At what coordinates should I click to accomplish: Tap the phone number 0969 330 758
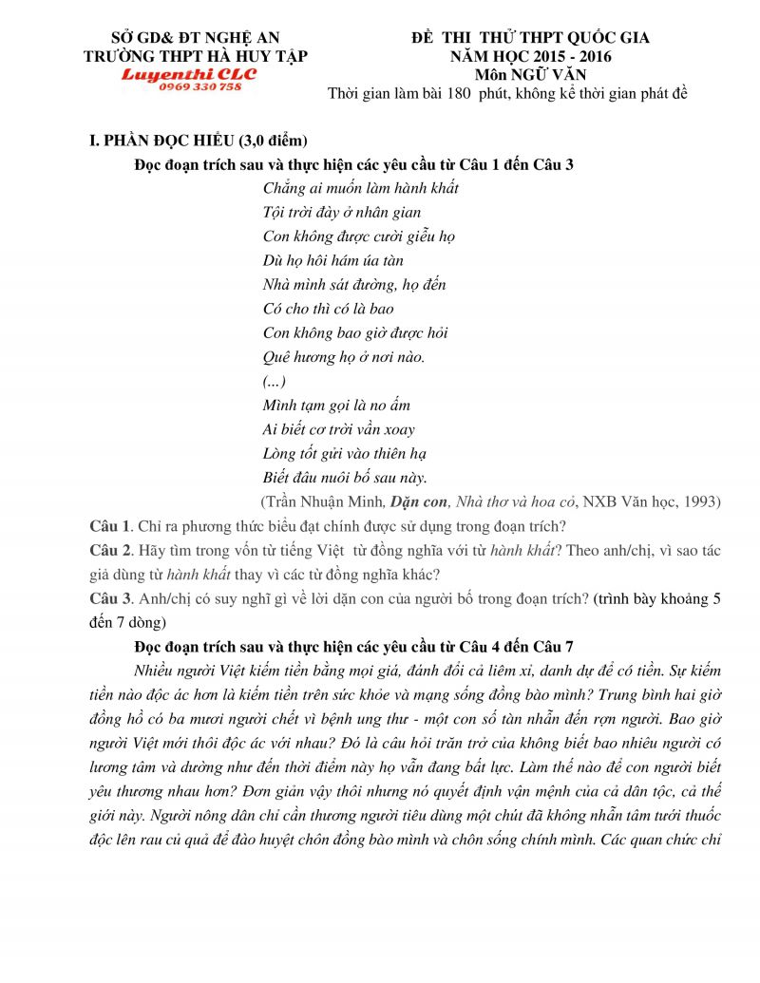pyautogui.click(x=200, y=86)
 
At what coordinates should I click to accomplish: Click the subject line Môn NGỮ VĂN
pyautogui.click(x=530, y=74)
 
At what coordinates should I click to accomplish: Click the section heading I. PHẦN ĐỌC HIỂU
pyautogui.click(x=198, y=142)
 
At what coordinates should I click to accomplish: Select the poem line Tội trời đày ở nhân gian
pyautogui.click(x=341, y=213)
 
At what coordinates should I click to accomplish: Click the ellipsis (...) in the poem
pyautogui.click(x=273, y=381)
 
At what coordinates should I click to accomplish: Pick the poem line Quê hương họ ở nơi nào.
pyautogui.click(x=343, y=357)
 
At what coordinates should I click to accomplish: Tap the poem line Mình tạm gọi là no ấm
pyautogui.click(x=336, y=406)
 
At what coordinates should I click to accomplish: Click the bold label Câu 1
pyautogui.click(x=106, y=525)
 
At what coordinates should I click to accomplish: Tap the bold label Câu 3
pyautogui.click(x=106, y=599)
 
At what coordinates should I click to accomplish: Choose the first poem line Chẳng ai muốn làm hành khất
pyautogui.click(x=360, y=189)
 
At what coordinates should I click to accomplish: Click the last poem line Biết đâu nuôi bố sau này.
pyautogui.click(x=345, y=478)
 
